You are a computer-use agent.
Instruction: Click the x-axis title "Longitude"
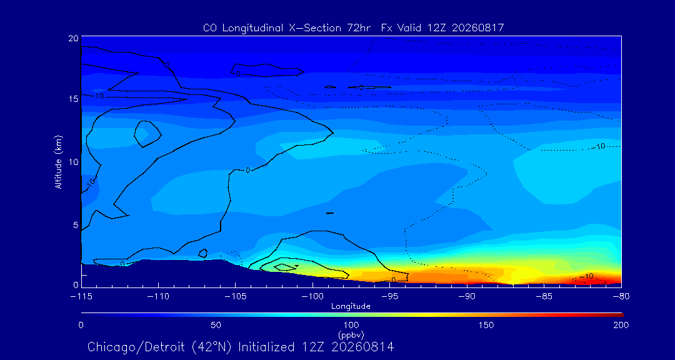(x=351, y=306)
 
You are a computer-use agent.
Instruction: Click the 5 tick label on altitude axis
(x=76, y=225)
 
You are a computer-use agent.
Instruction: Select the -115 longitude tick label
(x=81, y=297)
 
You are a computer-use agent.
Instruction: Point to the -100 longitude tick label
(x=312, y=297)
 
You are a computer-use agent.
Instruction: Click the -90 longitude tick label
(x=467, y=297)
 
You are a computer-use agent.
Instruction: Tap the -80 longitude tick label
(x=621, y=297)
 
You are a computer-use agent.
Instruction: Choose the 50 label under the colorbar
(x=216, y=325)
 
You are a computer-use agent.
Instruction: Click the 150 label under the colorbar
(x=486, y=325)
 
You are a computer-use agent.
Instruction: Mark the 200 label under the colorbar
(x=621, y=325)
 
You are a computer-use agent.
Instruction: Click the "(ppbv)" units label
(x=351, y=334)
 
